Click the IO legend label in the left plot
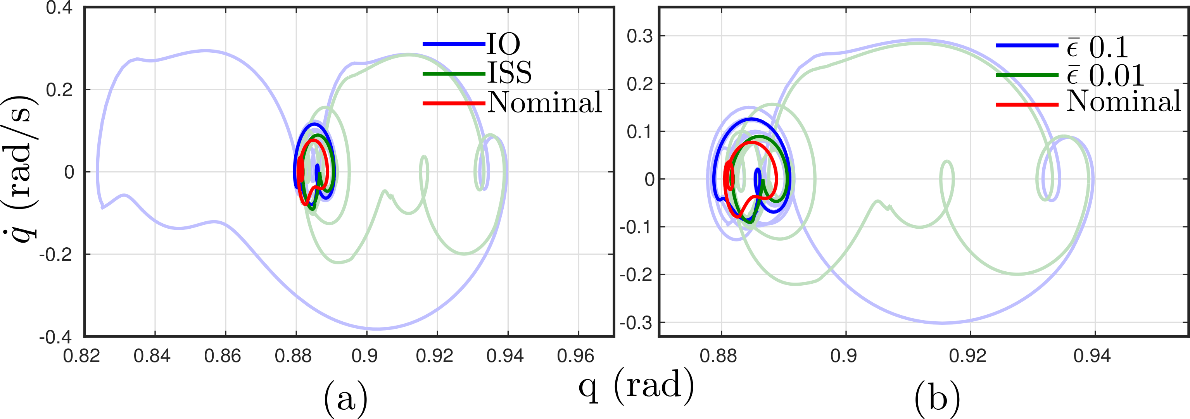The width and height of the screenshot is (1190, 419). pos(503,44)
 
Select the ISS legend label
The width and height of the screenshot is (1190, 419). pos(509,72)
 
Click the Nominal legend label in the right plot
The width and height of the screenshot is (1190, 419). pos(1123,101)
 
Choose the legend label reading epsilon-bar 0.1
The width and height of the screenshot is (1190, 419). pos(1097,46)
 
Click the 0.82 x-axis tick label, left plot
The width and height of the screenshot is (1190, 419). pos(82,356)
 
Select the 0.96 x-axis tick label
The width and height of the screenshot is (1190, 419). pos(575,356)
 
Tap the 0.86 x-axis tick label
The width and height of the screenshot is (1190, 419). pos(223,356)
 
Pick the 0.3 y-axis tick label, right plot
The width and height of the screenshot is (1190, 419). pos(640,36)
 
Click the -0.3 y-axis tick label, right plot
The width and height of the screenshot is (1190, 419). pos(636,322)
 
